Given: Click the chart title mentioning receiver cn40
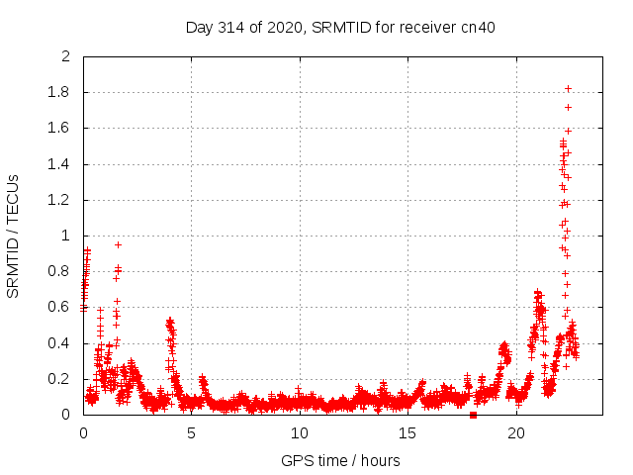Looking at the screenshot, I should click(x=340, y=27).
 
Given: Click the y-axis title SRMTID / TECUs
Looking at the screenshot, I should click(x=14, y=236).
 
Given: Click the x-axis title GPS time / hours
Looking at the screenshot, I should click(x=340, y=460).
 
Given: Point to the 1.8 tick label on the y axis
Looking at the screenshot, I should click(x=59, y=92).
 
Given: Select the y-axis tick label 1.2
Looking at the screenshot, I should click(x=59, y=200).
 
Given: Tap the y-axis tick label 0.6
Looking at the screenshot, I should click(x=59, y=308).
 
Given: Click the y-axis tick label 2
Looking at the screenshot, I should click(x=66, y=56).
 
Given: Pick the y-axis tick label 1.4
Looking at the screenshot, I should click(x=59, y=164).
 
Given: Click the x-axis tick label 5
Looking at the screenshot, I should click(x=191, y=432).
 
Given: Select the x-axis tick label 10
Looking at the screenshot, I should click(x=300, y=432).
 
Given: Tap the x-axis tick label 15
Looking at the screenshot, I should click(x=407, y=432).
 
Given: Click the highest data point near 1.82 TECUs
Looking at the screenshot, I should click(x=568, y=88).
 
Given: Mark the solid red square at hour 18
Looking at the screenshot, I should click(x=473, y=415).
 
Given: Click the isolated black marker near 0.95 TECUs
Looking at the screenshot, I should click(x=118, y=244).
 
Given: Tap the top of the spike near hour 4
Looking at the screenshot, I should click(x=169, y=320).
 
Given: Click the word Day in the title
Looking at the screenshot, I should click(x=199, y=27).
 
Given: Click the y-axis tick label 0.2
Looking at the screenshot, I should click(x=59, y=379).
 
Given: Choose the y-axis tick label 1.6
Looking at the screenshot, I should click(x=59, y=128).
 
